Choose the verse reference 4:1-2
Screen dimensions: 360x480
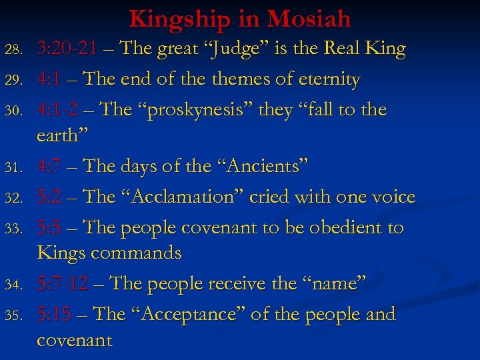pyautogui.click(x=58, y=109)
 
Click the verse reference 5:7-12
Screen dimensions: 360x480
pyautogui.click(x=63, y=283)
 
